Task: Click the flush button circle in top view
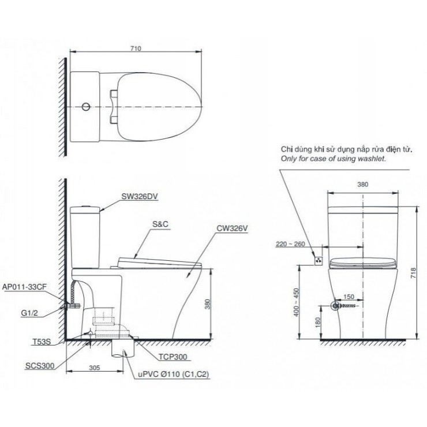click(86, 107)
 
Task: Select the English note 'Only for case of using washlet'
click(333, 157)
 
